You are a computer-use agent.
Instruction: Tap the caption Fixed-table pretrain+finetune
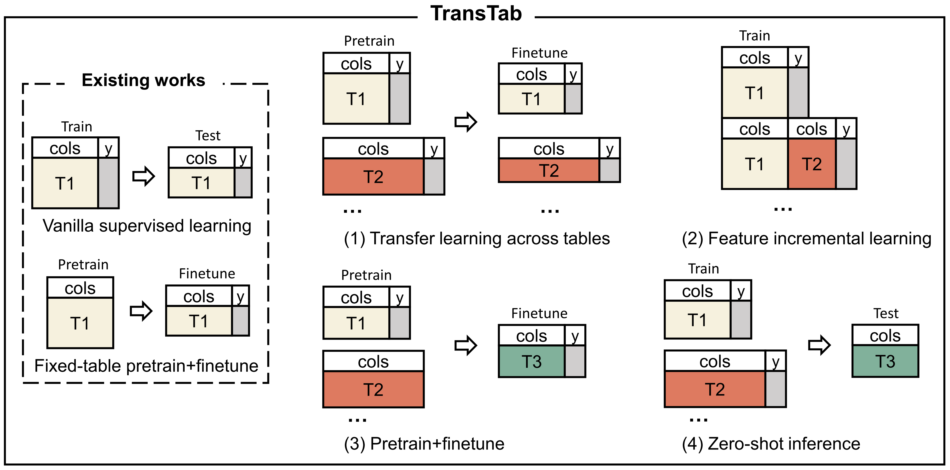pos(146,366)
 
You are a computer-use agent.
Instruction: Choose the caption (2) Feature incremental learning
pos(807,239)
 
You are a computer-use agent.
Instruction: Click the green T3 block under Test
pos(885,361)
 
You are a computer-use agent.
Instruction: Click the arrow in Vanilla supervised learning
pos(143,176)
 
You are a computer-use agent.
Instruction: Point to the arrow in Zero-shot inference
pos(819,345)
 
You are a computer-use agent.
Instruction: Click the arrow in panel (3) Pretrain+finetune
pos(466,345)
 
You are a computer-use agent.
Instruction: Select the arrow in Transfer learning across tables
pos(466,122)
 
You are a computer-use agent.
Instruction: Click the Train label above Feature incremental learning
pos(755,36)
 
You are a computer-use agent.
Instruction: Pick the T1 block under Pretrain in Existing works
pos(80,323)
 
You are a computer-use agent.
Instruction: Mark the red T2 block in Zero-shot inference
pos(715,389)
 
